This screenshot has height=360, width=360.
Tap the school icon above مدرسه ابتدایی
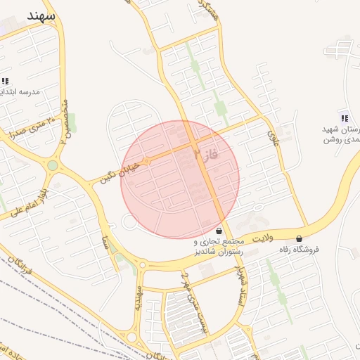(x=6, y=81)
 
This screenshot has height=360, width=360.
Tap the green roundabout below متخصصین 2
(x=53, y=166)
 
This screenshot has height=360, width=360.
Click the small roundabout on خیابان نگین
(x=147, y=162)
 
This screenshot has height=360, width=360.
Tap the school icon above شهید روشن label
(x=344, y=118)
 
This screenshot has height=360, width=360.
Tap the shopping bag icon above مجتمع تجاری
(x=219, y=231)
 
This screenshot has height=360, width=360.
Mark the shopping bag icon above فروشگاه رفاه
(x=300, y=238)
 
